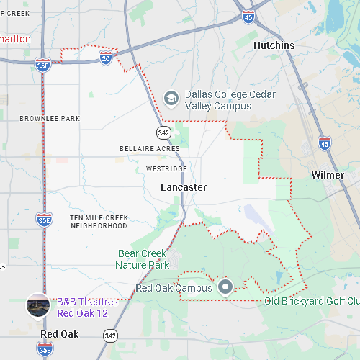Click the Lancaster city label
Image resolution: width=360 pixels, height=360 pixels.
coord(184,187)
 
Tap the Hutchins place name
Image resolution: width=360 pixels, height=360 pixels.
coord(274,45)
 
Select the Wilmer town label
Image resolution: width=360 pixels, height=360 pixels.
coord(328,175)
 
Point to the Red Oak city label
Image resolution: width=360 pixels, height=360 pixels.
coord(60,334)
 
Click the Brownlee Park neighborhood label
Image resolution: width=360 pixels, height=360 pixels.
coord(50,118)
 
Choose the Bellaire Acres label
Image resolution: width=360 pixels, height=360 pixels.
coord(149,148)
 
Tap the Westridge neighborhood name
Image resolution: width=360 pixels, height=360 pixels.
coord(166,168)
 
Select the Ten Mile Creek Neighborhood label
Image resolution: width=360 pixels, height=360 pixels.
coord(99,222)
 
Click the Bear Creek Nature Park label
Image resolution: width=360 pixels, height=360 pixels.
coord(143,259)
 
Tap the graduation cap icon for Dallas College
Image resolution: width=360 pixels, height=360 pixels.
coord(171,96)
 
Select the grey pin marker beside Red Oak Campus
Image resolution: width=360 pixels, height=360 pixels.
coord(225,287)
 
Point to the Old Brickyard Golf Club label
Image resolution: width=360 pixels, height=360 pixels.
coord(311,301)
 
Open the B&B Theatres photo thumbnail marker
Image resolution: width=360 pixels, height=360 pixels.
coord(38,305)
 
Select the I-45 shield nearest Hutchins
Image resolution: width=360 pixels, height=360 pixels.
coord(248,17)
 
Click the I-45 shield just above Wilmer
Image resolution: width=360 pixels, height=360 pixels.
coord(325,144)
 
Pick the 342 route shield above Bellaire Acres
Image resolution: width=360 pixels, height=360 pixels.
coord(164,132)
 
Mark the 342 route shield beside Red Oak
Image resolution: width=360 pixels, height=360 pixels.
coord(109,336)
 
